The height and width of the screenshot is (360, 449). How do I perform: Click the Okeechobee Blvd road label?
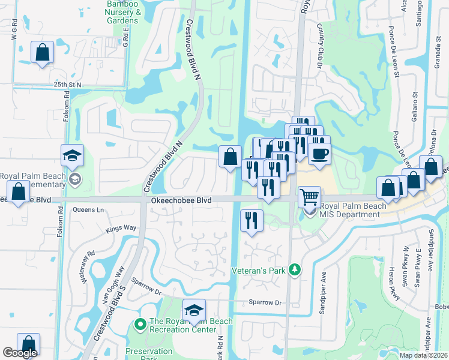pos(181,200)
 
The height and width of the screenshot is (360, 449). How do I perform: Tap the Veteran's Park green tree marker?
pos(294,269)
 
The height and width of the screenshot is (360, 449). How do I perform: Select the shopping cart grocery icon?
pos(310,196)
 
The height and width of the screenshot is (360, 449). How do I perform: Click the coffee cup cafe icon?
pos(319,152)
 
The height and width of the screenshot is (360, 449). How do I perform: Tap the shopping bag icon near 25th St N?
pos(43,52)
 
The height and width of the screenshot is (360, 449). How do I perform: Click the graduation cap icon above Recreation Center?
pos(194,310)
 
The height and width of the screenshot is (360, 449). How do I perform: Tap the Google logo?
pos(20,353)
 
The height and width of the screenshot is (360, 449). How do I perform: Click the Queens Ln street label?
pos(88,210)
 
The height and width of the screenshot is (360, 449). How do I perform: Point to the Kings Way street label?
pos(121,228)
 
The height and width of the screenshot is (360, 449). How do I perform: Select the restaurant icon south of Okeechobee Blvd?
pos(252,220)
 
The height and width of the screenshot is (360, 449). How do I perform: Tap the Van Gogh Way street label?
pos(113,276)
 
